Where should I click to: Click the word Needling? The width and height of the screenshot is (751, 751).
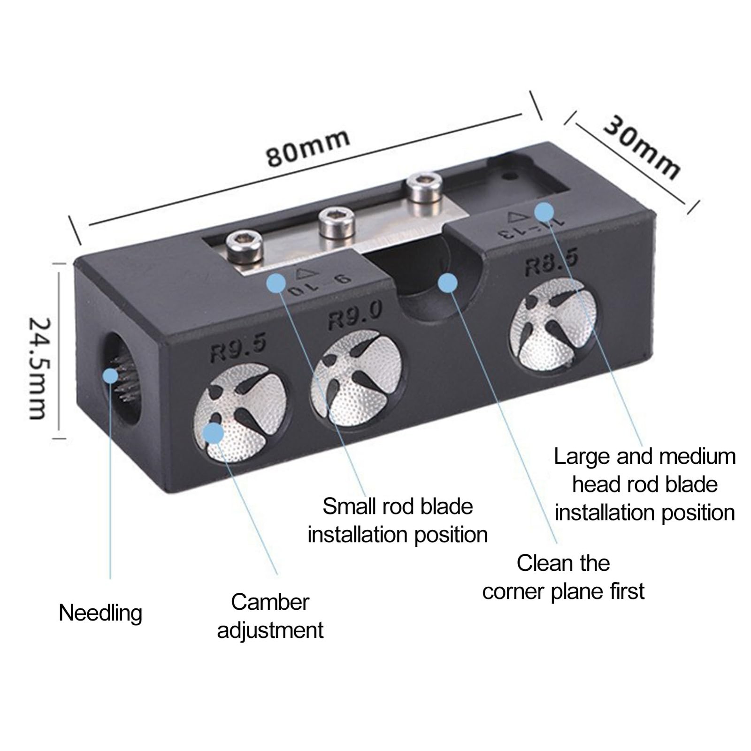[x=100, y=613]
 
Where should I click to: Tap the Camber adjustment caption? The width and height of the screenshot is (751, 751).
[x=270, y=616]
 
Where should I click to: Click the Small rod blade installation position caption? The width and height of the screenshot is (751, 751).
[x=398, y=521]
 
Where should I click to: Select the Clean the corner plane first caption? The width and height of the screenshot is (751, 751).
[x=563, y=577]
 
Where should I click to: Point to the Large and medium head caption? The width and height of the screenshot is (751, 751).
[x=645, y=484]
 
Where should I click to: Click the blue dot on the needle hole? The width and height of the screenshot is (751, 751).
[x=111, y=375]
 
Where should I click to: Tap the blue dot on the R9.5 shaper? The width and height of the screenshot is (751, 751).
[x=214, y=433]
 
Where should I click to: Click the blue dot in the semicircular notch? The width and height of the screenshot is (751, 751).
[x=447, y=283]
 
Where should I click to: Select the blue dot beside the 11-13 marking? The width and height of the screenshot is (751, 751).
[x=544, y=212]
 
